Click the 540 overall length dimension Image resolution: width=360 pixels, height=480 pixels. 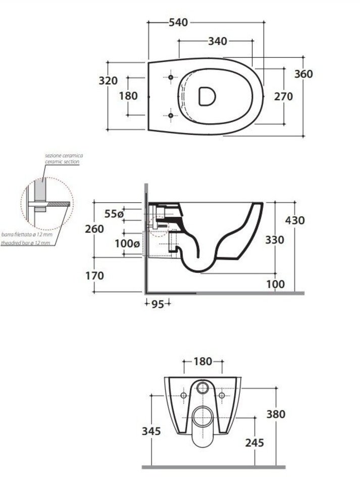pos(178,22)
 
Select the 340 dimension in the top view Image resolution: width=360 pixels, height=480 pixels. pos(218,41)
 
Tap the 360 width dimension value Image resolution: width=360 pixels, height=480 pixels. pos(303,74)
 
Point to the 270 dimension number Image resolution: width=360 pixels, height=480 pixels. pos(284,97)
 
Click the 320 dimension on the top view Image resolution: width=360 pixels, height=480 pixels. pos(108,80)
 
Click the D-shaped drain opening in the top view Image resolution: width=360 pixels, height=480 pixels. pos(207,96)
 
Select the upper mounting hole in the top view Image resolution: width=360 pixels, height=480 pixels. pos(171,77)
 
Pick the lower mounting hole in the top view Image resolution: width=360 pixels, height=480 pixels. pos(171,115)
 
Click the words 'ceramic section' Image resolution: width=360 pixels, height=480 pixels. pos(63,162)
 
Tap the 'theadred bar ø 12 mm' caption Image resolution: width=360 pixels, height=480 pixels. pos(25,243)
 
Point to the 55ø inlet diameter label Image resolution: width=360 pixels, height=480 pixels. pos(114,214)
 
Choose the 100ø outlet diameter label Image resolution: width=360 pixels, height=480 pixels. pos(127,244)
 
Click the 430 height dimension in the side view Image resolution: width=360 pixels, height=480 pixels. pos(295,220)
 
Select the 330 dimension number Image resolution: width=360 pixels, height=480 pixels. pos(275,239)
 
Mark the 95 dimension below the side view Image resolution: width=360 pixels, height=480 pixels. pos(158,304)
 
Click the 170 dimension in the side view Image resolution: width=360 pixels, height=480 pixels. pos(94,276)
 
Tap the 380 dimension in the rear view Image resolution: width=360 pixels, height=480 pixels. pos(276,414)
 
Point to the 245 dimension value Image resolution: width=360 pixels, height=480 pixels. pos(254,443)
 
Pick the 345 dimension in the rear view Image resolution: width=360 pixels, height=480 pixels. pos(151,431)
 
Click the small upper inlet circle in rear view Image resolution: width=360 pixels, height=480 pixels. pos(202,388)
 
